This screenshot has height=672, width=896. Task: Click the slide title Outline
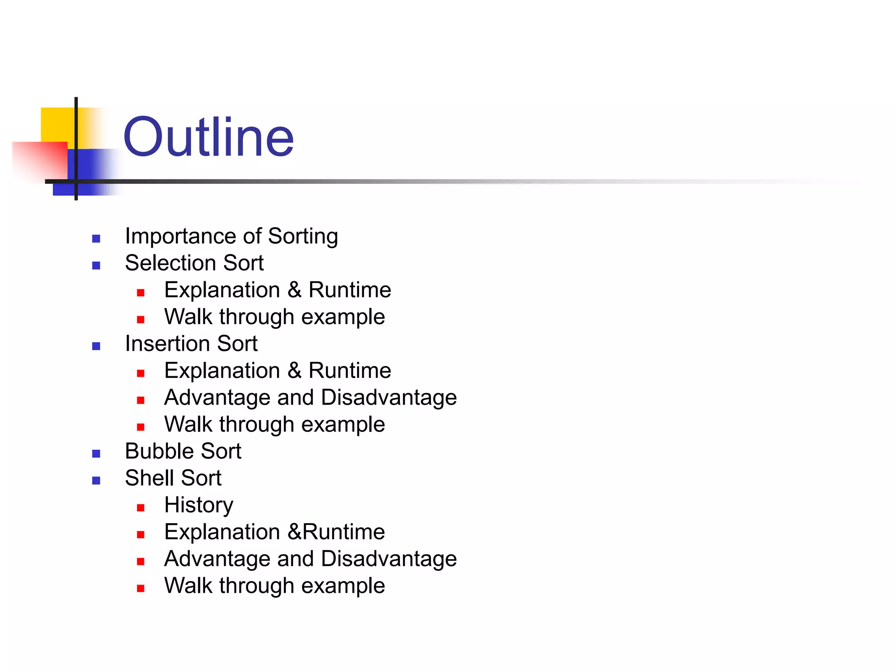click(x=208, y=137)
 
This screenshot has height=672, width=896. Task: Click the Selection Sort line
click(x=194, y=263)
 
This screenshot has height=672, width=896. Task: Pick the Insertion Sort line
click(x=191, y=343)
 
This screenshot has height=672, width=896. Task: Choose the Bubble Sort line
click(x=183, y=451)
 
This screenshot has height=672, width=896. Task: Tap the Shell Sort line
click(x=173, y=478)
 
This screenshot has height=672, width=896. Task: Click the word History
click(x=199, y=505)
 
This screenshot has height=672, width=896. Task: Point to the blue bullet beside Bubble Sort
click(x=96, y=454)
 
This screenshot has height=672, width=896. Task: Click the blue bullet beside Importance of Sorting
click(x=96, y=239)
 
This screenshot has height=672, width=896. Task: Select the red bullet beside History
click(x=140, y=508)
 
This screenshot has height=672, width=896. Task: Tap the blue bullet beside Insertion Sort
click(x=96, y=346)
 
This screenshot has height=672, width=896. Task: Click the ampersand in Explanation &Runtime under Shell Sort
click(x=294, y=532)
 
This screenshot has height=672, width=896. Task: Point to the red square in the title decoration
click(x=42, y=160)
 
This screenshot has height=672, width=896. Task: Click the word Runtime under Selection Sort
click(x=350, y=290)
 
